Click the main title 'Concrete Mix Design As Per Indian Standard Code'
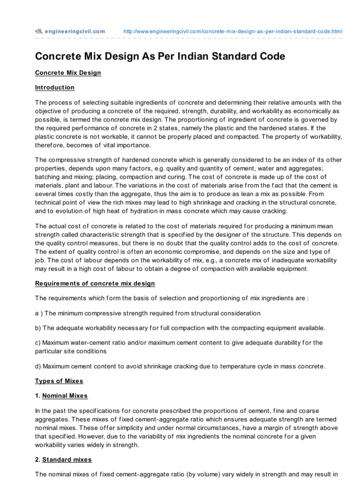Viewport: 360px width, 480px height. pos(160,56)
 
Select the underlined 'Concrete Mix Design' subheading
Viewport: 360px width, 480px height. pos(68,73)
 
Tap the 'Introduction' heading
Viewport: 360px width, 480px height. pos(55,88)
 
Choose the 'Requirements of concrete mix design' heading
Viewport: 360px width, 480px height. pos(95,284)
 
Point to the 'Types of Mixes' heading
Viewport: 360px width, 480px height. pos(59,381)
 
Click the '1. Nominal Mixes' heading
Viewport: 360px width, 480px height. pos(61,396)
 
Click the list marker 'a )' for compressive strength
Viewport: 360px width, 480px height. pos(39,313)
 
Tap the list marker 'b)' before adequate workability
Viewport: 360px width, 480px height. pos(38,328)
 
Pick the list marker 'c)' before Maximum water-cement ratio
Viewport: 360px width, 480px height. pos(38,342)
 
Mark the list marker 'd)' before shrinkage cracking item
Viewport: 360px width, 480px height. pos(38,366)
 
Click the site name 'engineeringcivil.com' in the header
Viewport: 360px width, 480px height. pos(75,31)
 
